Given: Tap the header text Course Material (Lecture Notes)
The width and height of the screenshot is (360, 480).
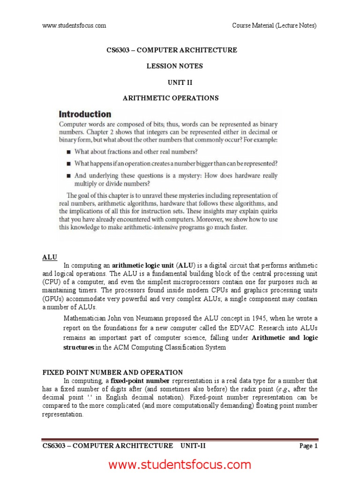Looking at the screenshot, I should tap(274, 25).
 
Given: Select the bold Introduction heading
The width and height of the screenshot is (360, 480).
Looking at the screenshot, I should tap(85, 114).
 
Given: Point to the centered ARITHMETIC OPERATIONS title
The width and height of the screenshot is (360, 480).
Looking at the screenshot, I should tap(171, 98).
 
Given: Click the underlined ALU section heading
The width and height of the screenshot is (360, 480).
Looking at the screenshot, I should tap(50, 257).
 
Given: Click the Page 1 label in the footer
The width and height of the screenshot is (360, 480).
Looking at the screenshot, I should tap(308, 446).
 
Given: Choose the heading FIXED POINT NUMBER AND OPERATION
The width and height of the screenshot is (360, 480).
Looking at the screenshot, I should tap(112, 372).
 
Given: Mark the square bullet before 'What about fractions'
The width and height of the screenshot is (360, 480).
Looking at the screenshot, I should tap(68, 152).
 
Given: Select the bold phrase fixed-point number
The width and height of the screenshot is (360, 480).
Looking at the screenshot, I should tap(142, 381).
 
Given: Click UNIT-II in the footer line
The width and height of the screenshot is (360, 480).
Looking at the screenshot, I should tap(193, 446).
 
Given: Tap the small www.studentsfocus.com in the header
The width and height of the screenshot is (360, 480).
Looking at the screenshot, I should tap(74, 25).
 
